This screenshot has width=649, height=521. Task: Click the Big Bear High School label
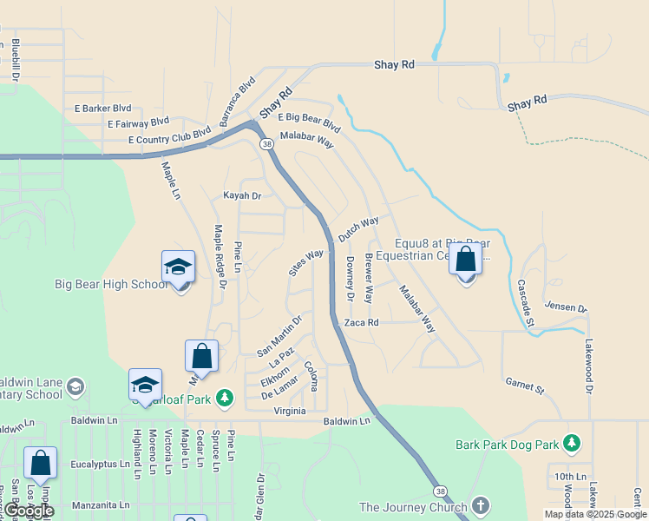point(110,284)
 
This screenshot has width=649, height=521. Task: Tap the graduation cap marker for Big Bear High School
point(178,267)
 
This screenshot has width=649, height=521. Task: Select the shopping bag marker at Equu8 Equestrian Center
point(466,260)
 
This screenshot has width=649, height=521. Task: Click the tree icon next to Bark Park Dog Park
point(571,445)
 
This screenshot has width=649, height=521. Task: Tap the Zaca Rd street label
point(362,322)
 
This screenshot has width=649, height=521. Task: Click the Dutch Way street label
point(358,229)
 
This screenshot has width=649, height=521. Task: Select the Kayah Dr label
point(242,196)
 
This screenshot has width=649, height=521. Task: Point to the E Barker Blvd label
point(102,109)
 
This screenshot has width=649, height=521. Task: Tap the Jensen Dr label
point(566,307)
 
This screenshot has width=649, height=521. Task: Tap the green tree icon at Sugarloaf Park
point(225,398)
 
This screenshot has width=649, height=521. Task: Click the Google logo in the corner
point(29,511)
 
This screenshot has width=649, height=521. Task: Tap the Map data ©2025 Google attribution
point(595,514)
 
